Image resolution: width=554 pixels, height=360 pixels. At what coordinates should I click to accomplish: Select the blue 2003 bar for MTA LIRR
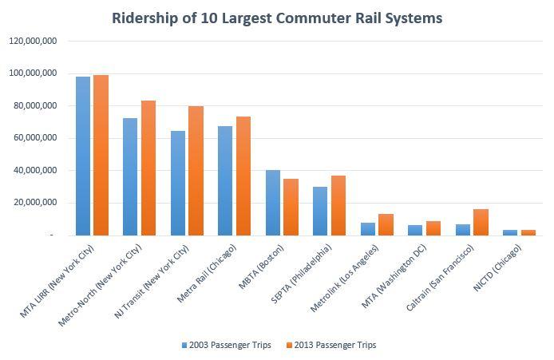click(x=83, y=156)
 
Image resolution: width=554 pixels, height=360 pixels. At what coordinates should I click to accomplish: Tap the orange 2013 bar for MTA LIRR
click(x=101, y=155)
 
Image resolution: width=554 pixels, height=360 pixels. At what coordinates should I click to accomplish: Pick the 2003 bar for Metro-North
click(x=130, y=176)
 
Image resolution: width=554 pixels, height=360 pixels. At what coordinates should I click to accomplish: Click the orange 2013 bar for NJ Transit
click(x=196, y=171)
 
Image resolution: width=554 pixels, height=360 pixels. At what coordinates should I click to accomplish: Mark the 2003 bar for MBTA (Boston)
click(x=273, y=203)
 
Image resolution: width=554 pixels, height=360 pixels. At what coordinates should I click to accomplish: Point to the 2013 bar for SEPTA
click(x=338, y=205)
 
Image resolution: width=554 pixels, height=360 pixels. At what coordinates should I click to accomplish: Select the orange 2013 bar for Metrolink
click(x=386, y=224)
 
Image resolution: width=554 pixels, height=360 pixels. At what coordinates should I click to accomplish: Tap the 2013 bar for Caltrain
click(x=481, y=222)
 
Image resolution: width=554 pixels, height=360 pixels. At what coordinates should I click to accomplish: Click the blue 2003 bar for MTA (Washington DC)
click(x=415, y=230)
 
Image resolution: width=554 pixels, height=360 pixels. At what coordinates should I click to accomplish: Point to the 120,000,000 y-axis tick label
click(x=33, y=41)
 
